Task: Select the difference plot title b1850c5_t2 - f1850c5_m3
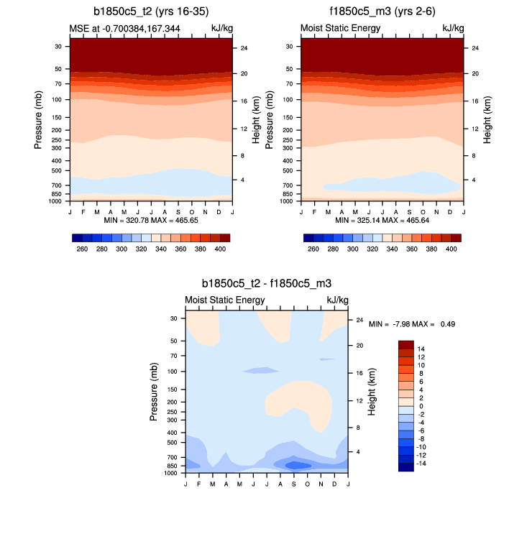pyautogui.click(x=267, y=285)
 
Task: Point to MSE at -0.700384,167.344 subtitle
pyautogui.click(x=124, y=28)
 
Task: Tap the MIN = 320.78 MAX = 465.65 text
pyautogui.click(x=150, y=219)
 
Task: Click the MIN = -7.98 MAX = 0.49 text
pyautogui.click(x=412, y=324)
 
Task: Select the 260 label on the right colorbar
pyautogui.click(x=313, y=248)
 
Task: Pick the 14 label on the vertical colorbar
pyautogui.click(x=421, y=348)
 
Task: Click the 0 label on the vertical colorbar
pyautogui.click(x=420, y=406)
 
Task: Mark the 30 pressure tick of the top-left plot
pyautogui.click(x=58, y=46)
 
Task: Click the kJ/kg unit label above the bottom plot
pyautogui.click(x=337, y=300)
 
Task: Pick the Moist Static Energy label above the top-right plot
pyautogui.click(x=339, y=28)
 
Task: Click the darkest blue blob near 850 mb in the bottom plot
pyautogui.click(x=298, y=465)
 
